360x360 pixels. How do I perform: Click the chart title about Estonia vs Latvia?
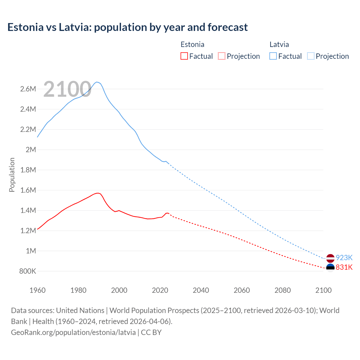[127, 27]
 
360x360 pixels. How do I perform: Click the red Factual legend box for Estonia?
[184, 56]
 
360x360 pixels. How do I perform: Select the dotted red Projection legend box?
[222, 56]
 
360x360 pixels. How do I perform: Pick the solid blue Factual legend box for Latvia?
[273, 56]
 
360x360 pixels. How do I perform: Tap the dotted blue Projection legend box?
[311, 56]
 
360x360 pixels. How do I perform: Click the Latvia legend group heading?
[279, 44]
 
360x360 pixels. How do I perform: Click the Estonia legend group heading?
[192, 44]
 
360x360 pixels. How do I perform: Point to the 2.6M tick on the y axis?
[28, 89]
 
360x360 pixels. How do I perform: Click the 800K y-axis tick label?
[28, 271]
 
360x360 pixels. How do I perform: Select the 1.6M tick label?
[28, 190]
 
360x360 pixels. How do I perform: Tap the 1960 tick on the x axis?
[37, 290]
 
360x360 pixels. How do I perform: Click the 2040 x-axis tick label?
[201, 290]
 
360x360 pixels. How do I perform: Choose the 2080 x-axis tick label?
[282, 290]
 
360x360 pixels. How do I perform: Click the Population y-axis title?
[12, 175]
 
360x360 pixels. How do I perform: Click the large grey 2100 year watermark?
[67, 89]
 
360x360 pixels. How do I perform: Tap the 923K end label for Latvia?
[344, 258]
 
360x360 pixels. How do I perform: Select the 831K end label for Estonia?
[344, 267]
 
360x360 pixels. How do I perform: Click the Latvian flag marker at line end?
[330, 258]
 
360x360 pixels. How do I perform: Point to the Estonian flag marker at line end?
[330, 267]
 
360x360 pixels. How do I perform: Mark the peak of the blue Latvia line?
[97, 82]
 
